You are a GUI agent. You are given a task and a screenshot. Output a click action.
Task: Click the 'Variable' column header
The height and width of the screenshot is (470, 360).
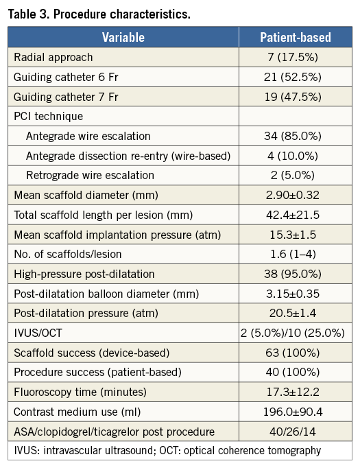click(x=123, y=38)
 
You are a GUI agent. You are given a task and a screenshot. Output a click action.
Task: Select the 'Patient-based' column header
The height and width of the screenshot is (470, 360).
click(x=296, y=38)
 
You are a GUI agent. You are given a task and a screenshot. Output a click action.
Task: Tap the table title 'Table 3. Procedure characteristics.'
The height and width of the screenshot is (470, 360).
click(x=99, y=14)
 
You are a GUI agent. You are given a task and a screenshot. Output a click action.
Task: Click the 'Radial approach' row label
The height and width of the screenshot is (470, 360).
click(x=53, y=57)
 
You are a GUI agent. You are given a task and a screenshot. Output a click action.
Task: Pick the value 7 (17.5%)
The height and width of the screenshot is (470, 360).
click(x=293, y=57)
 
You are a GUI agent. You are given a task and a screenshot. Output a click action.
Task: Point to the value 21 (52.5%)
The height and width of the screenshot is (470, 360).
click(x=293, y=77)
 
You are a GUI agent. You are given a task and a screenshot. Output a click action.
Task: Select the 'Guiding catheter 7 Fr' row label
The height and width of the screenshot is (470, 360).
click(x=66, y=97)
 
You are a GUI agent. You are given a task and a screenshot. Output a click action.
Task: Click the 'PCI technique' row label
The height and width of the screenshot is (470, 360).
click(x=49, y=117)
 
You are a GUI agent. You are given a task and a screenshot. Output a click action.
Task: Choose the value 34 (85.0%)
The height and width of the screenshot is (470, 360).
click(x=293, y=136)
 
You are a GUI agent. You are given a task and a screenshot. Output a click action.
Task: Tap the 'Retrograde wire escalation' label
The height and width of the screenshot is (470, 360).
click(x=90, y=176)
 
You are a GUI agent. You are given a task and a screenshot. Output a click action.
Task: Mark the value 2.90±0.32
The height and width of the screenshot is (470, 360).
click(x=293, y=195)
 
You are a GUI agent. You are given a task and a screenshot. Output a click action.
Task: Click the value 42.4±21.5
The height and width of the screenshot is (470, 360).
click(x=293, y=215)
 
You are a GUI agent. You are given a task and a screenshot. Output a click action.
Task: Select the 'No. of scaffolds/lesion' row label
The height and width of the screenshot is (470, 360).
click(x=68, y=254)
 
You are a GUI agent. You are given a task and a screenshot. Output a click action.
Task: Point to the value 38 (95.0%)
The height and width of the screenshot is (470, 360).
click(x=293, y=274)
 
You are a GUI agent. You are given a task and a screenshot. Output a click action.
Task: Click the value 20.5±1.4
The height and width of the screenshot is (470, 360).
click(x=293, y=314)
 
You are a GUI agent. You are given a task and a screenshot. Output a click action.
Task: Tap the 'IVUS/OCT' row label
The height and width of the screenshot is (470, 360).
click(x=38, y=333)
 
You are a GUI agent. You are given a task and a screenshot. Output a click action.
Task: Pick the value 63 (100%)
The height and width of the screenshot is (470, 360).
click(x=293, y=353)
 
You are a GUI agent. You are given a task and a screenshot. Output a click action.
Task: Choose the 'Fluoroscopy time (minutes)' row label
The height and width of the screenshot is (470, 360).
click(x=80, y=392)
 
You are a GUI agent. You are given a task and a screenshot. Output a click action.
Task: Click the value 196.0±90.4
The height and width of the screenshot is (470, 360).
click(x=293, y=412)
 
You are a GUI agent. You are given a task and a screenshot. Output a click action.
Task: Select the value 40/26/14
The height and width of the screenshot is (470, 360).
click(x=293, y=432)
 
